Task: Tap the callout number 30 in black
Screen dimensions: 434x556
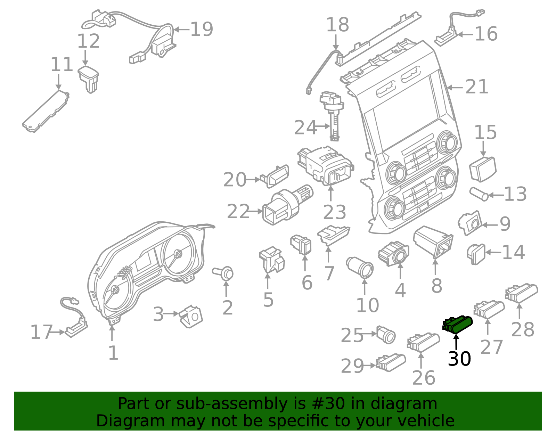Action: [x=459, y=359]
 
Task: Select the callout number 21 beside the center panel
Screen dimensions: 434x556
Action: [x=476, y=87]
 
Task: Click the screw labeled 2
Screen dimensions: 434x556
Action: [x=224, y=273]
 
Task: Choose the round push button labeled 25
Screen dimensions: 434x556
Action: [x=386, y=335]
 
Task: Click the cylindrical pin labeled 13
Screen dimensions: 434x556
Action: [x=479, y=194]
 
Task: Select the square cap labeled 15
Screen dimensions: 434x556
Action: [x=483, y=169]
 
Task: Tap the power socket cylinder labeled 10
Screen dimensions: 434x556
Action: [x=360, y=267]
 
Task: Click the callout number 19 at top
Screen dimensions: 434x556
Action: [x=202, y=29]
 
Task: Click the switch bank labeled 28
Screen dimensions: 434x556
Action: [x=521, y=293]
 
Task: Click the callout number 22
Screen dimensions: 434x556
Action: [x=238, y=212]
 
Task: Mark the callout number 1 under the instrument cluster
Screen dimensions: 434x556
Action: [x=113, y=353]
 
